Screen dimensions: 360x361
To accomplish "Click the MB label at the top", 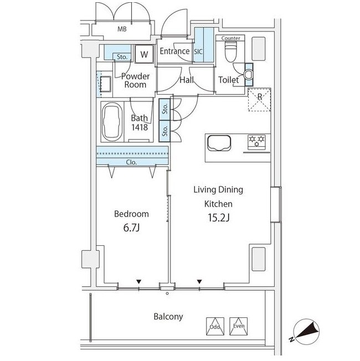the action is [122, 29].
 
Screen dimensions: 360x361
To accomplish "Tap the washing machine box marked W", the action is [144, 54].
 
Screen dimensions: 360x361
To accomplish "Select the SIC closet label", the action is [198, 51].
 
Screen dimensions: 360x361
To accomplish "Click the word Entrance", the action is [174, 51].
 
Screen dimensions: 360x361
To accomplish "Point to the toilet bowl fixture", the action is [230, 51].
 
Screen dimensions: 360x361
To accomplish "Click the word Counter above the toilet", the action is [230, 38].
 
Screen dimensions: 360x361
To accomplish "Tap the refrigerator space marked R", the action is [260, 100].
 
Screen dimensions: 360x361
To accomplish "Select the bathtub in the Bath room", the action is [112, 122].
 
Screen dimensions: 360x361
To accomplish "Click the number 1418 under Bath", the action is [140, 127].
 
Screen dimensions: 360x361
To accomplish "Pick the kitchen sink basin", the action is [219, 143].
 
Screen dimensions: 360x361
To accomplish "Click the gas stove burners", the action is [256, 141].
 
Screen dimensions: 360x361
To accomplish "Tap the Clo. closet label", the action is [131, 162].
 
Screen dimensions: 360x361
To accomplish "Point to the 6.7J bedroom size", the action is [131, 228].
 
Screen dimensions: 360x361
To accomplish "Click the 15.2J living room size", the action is [218, 218].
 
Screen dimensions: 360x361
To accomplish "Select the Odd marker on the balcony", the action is [215, 326].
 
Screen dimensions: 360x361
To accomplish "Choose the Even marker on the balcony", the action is [239, 326].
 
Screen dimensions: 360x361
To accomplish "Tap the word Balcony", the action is [168, 317].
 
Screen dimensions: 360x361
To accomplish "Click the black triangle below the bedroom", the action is [138, 282].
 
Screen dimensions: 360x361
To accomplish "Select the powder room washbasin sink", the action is [105, 84].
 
